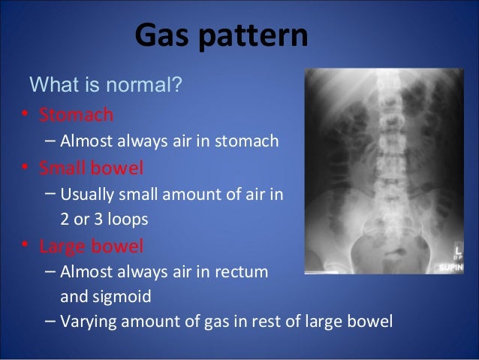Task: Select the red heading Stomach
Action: pos(76,115)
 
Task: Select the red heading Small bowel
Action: pos(91,167)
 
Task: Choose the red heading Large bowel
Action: pos(91,246)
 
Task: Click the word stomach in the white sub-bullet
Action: pos(250,141)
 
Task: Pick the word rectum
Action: pos(245,272)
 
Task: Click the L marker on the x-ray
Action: pos(456,249)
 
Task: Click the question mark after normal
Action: pos(177,83)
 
